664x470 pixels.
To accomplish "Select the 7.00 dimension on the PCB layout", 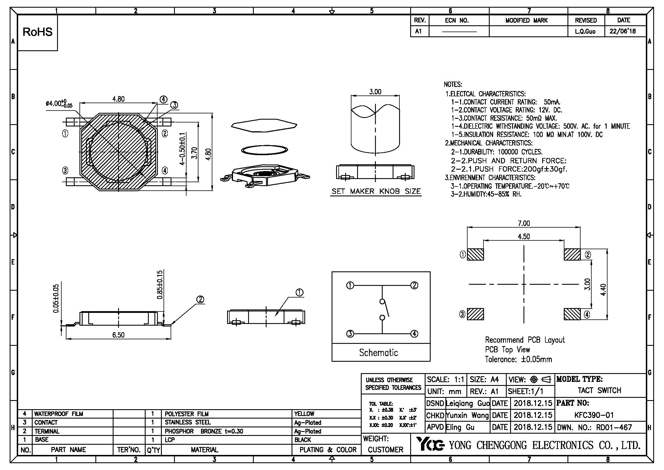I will (523, 223).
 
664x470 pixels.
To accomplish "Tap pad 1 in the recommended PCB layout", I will (475, 254).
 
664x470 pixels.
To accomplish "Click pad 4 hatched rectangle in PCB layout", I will (572, 314).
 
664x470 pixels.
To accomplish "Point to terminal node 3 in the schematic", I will (350, 334).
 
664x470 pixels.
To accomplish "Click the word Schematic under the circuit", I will (378, 352).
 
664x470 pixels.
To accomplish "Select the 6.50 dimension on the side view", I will (118, 335).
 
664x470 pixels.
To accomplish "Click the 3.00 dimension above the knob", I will (375, 92).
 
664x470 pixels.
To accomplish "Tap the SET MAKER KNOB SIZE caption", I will (376, 191).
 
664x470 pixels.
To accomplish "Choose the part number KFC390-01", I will (594, 415).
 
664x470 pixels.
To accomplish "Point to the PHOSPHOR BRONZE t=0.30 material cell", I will (204, 431).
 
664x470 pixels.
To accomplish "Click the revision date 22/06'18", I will (623, 31).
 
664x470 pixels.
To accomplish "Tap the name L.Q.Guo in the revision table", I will (585, 32).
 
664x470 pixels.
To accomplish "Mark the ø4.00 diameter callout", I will (59, 104).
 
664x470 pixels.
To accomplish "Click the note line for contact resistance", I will (504, 118).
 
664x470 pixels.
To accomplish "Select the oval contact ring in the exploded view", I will (264, 150).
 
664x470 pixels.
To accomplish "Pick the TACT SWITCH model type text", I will (599, 390).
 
